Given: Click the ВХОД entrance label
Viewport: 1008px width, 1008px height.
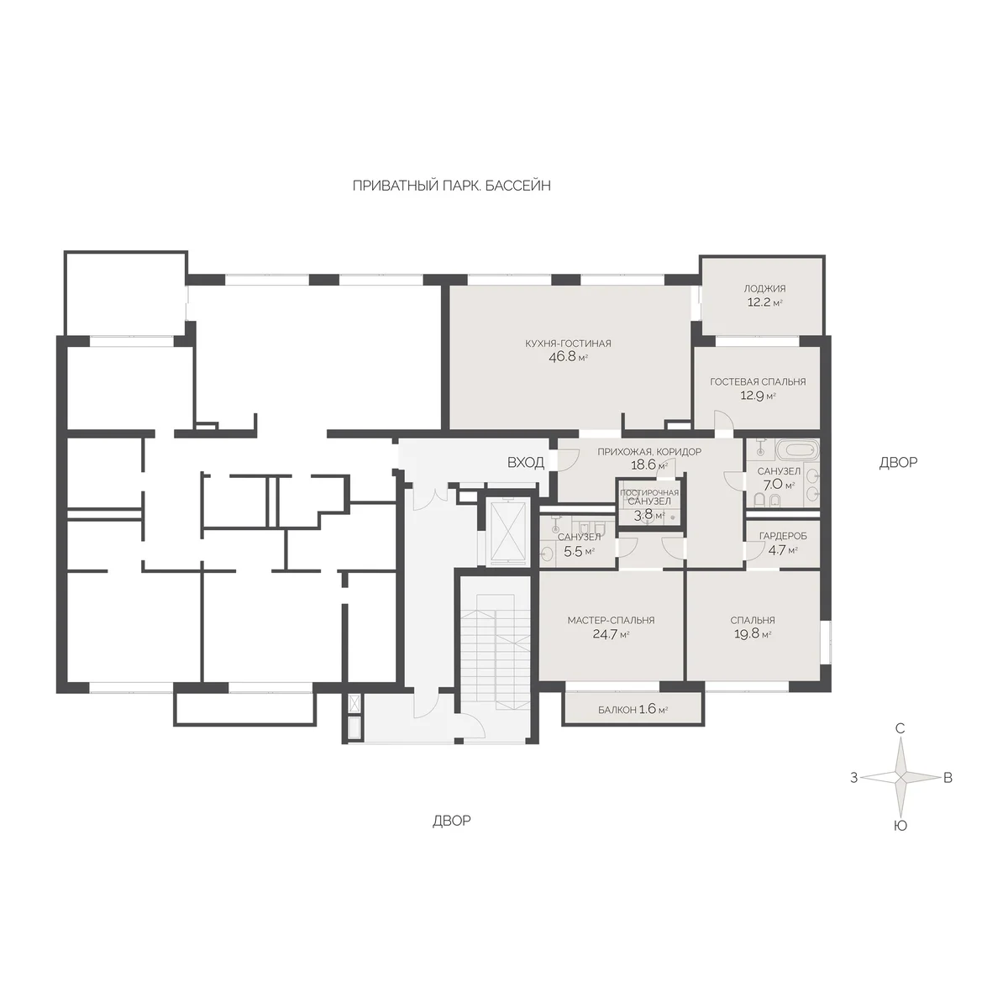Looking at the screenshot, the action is tap(526, 462).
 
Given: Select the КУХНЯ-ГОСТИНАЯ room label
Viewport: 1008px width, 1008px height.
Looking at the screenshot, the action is tap(568, 344).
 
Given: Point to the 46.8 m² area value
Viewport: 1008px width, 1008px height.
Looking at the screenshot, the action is tap(568, 358).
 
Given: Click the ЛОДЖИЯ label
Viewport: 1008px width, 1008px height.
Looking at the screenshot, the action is tap(764, 288).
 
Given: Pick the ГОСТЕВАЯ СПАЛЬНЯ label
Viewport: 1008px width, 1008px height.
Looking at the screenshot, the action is tap(758, 382).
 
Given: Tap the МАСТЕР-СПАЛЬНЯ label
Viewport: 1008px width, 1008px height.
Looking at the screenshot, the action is tap(611, 621).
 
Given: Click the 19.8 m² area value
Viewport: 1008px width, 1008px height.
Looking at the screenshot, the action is tap(752, 634).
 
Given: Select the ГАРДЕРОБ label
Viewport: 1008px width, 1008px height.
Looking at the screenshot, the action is tap(783, 536).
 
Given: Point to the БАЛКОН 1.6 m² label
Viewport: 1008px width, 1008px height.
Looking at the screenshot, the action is tap(633, 710).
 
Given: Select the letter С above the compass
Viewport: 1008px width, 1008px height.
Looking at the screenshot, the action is tap(900, 728).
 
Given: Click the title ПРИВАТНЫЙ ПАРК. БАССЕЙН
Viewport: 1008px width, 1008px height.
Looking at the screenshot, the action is tap(451, 186).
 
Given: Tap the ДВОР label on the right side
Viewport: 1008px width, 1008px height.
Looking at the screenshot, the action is tap(898, 462).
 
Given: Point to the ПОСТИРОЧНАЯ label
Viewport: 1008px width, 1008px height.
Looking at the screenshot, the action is tap(649, 493).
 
